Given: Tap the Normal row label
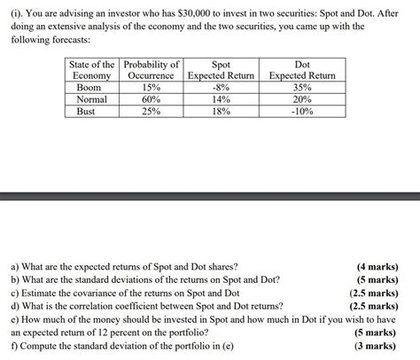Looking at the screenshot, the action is [91, 100].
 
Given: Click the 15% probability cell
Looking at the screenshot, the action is [152, 88].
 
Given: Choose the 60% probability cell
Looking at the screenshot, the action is [152, 100].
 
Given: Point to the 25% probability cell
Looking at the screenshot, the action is [152, 113].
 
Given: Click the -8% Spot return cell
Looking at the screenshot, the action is [221, 88].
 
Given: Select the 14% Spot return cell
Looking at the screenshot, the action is [221, 100].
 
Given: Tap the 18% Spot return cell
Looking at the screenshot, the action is [221, 113].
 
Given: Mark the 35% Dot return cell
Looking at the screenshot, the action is [302, 88].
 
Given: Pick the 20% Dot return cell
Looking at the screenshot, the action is [302, 100].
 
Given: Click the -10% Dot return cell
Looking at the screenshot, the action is [302, 113].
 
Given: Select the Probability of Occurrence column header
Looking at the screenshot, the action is [152, 70].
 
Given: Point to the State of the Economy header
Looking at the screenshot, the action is [91, 70].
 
